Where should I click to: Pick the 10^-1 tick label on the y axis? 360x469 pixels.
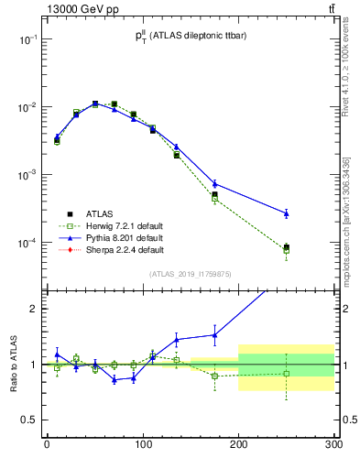coord(27,40)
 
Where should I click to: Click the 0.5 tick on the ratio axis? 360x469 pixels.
coord(28,420)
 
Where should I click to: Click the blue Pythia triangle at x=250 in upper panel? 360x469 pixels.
coord(286,213)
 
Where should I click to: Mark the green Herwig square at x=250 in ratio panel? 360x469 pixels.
coord(286,374)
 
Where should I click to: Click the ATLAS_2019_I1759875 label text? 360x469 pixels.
coord(189,274)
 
